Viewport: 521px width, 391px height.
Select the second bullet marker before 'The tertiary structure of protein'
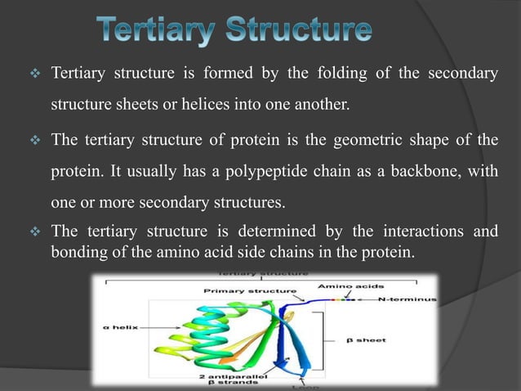click(35, 140)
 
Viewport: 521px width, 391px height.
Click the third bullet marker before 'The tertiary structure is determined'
click(35, 232)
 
